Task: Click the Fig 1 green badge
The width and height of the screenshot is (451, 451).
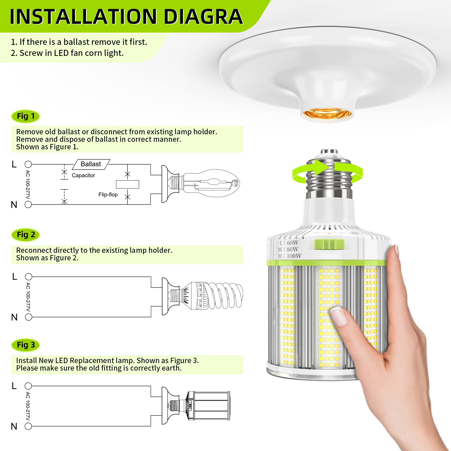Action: (x=26, y=116)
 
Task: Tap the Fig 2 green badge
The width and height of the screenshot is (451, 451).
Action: (x=26, y=235)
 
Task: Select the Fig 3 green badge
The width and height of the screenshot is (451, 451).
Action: (x=26, y=345)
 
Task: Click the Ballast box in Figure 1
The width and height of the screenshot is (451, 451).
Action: (x=91, y=164)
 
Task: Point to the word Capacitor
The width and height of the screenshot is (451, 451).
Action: (x=83, y=175)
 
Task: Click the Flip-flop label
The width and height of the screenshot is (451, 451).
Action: (x=108, y=195)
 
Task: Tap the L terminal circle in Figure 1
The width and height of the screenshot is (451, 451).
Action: (x=28, y=164)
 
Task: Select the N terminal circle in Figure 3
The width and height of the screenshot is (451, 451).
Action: (x=28, y=426)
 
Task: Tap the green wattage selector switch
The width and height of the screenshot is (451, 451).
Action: (x=329, y=244)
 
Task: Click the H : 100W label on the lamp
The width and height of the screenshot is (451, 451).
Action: (x=290, y=256)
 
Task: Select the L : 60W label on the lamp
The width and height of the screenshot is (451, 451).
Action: (x=289, y=243)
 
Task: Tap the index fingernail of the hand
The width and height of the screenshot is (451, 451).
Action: (x=339, y=316)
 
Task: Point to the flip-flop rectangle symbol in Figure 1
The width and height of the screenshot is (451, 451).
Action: (x=128, y=184)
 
